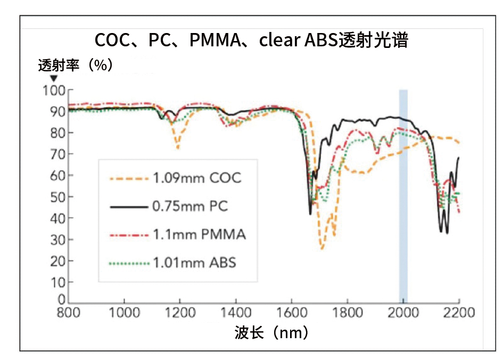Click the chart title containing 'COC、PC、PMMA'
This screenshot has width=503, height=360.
tap(251, 40)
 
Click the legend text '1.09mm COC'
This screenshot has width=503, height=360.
tap(197, 177)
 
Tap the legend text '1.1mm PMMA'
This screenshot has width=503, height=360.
tap(199, 234)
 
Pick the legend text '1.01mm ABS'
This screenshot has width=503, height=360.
tap(195, 263)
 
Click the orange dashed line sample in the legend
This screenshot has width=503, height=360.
tap(128, 177)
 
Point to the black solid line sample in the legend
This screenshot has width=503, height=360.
tap(128, 206)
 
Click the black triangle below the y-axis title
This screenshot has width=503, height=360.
tap(53, 79)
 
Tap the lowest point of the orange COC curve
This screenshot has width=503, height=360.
tap(322, 249)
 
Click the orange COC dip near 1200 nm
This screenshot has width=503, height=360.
tap(178, 148)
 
